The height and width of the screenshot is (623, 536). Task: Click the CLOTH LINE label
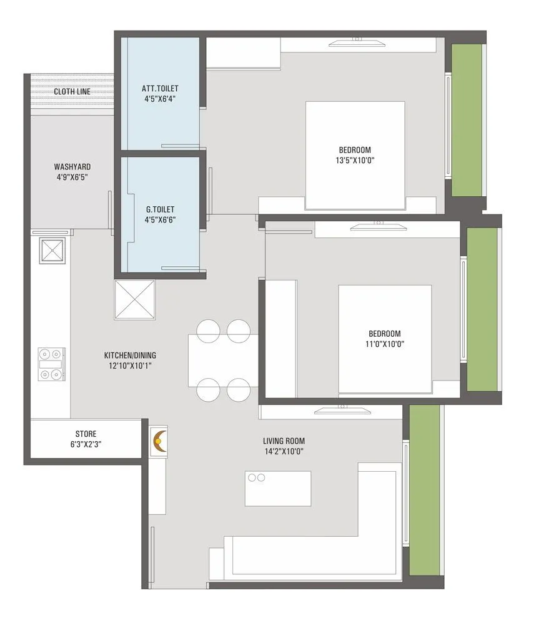(72, 92)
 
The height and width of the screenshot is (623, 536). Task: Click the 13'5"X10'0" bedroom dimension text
(355, 160)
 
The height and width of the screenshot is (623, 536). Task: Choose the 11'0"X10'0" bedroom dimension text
(384, 344)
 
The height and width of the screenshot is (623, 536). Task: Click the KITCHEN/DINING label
(128, 356)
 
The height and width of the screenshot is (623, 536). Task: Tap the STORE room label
(86, 434)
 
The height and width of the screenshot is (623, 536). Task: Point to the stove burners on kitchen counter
(51, 364)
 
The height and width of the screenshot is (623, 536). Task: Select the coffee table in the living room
(278, 488)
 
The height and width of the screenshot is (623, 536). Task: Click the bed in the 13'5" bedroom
(355, 155)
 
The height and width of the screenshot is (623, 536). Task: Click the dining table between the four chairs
(223, 360)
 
